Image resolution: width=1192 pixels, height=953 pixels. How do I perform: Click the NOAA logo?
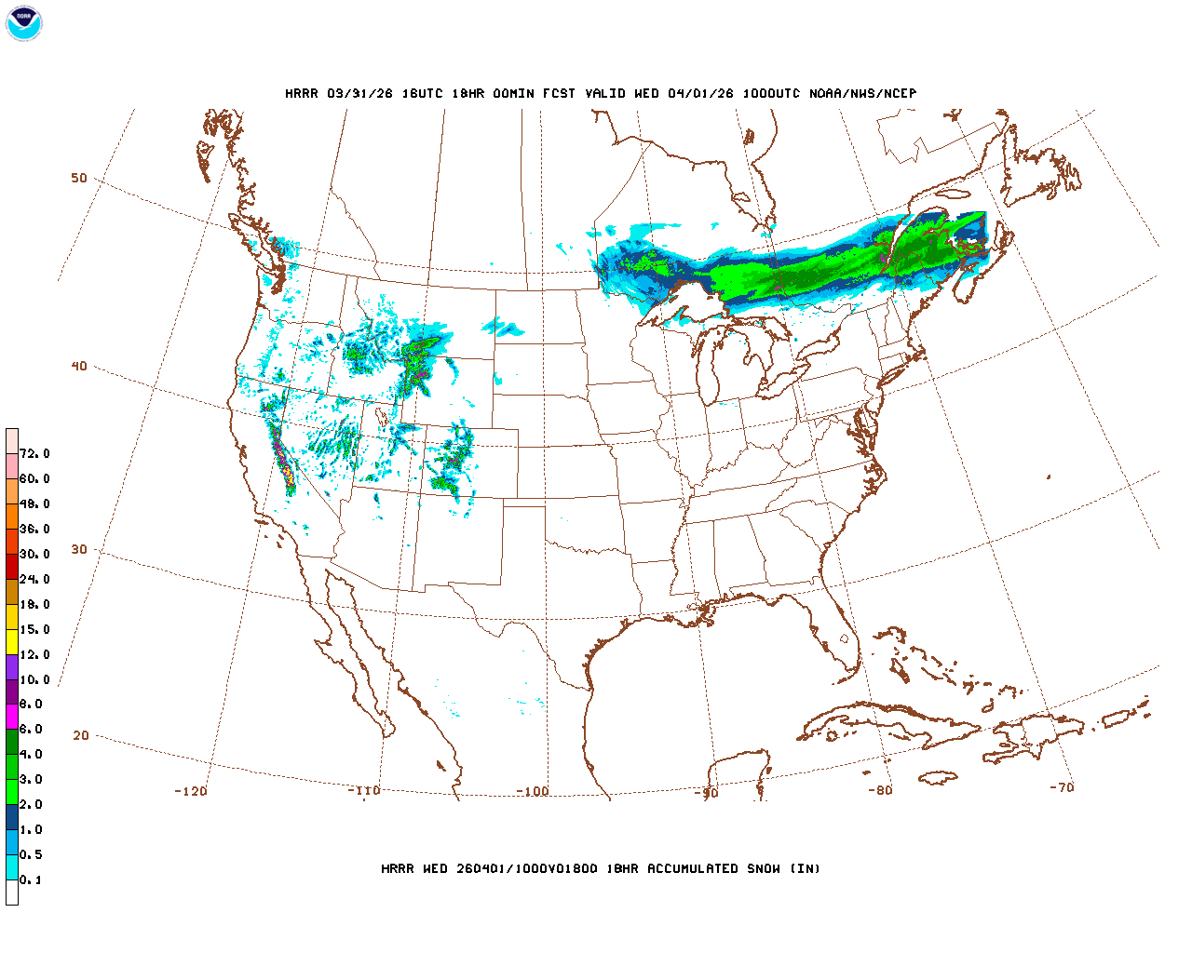point(23,23)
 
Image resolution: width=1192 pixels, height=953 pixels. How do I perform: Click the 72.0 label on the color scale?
point(34,454)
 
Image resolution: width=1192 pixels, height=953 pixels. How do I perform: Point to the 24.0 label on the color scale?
point(34,580)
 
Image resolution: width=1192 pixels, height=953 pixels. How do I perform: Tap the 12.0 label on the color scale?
point(34,655)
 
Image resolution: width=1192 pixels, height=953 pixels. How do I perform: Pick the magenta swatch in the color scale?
point(12,717)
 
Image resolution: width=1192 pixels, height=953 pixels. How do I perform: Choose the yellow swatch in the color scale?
point(12,641)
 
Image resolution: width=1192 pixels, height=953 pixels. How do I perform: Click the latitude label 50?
point(79,179)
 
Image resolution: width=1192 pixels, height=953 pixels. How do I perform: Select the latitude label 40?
point(79,367)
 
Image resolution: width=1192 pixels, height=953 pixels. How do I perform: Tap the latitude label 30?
point(79,550)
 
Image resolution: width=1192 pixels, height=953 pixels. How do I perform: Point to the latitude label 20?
point(81,736)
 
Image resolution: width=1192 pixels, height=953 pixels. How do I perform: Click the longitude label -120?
point(191,792)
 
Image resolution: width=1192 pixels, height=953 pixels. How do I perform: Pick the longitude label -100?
point(533,792)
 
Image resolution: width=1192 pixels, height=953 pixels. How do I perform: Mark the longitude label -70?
point(1062,787)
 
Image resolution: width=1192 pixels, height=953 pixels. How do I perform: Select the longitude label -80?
point(880,791)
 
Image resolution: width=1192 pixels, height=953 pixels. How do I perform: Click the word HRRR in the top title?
point(302,94)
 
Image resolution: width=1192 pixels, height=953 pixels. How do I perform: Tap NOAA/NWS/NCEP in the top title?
point(862,94)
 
